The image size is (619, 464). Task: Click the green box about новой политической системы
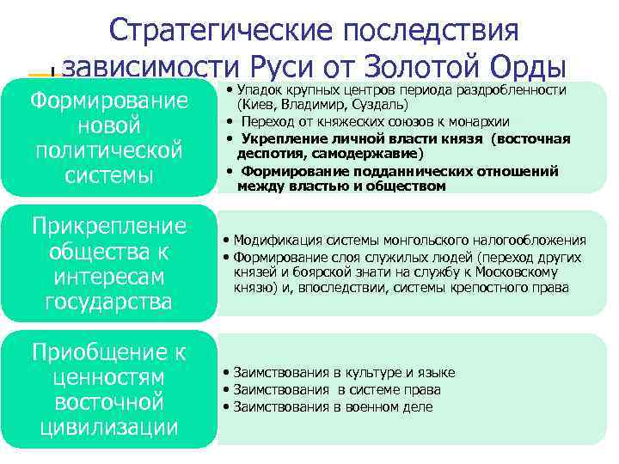[109, 137]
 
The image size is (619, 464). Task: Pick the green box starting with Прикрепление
[109, 264]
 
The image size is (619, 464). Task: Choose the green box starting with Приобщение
[109, 389]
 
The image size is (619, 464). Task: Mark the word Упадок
[259, 90]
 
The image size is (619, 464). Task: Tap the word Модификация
[272, 241]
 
